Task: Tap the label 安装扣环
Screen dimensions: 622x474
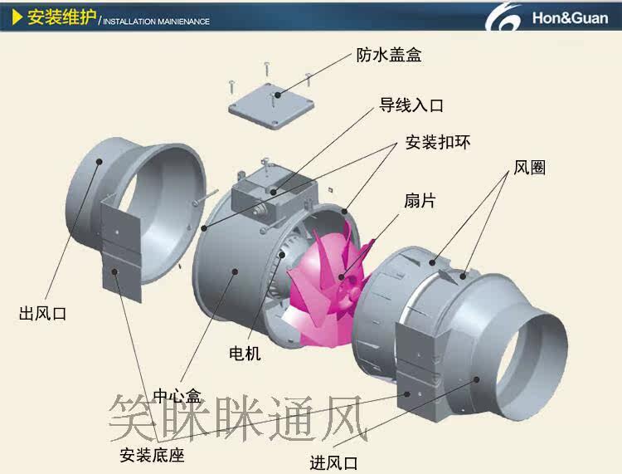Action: [x=437, y=142]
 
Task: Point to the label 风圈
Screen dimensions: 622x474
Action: [x=529, y=167]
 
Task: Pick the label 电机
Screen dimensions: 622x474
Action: [x=245, y=354]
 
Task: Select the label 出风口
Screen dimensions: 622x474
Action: [x=42, y=315]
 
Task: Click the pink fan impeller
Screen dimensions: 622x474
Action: [x=328, y=278]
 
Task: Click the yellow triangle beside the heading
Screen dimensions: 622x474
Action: [x=17, y=17]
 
